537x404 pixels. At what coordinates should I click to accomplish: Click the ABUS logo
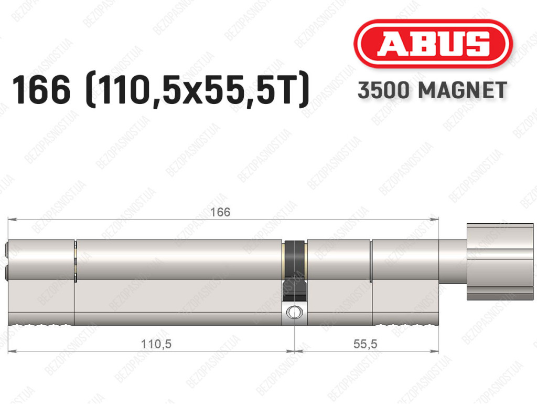click(433, 44)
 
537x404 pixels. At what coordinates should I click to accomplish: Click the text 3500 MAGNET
click(432, 90)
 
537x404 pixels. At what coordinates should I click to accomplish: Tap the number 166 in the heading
click(41, 90)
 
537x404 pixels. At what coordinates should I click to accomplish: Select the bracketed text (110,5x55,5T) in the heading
click(198, 90)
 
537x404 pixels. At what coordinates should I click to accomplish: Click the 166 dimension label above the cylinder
click(220, 212)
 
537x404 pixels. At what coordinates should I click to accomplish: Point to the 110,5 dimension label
click(156, 344)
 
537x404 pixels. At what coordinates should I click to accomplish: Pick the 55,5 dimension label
click(365, 344)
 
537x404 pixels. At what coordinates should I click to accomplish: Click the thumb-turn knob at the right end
click(500, 262)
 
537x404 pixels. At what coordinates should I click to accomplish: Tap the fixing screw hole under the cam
click(294, 313)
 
